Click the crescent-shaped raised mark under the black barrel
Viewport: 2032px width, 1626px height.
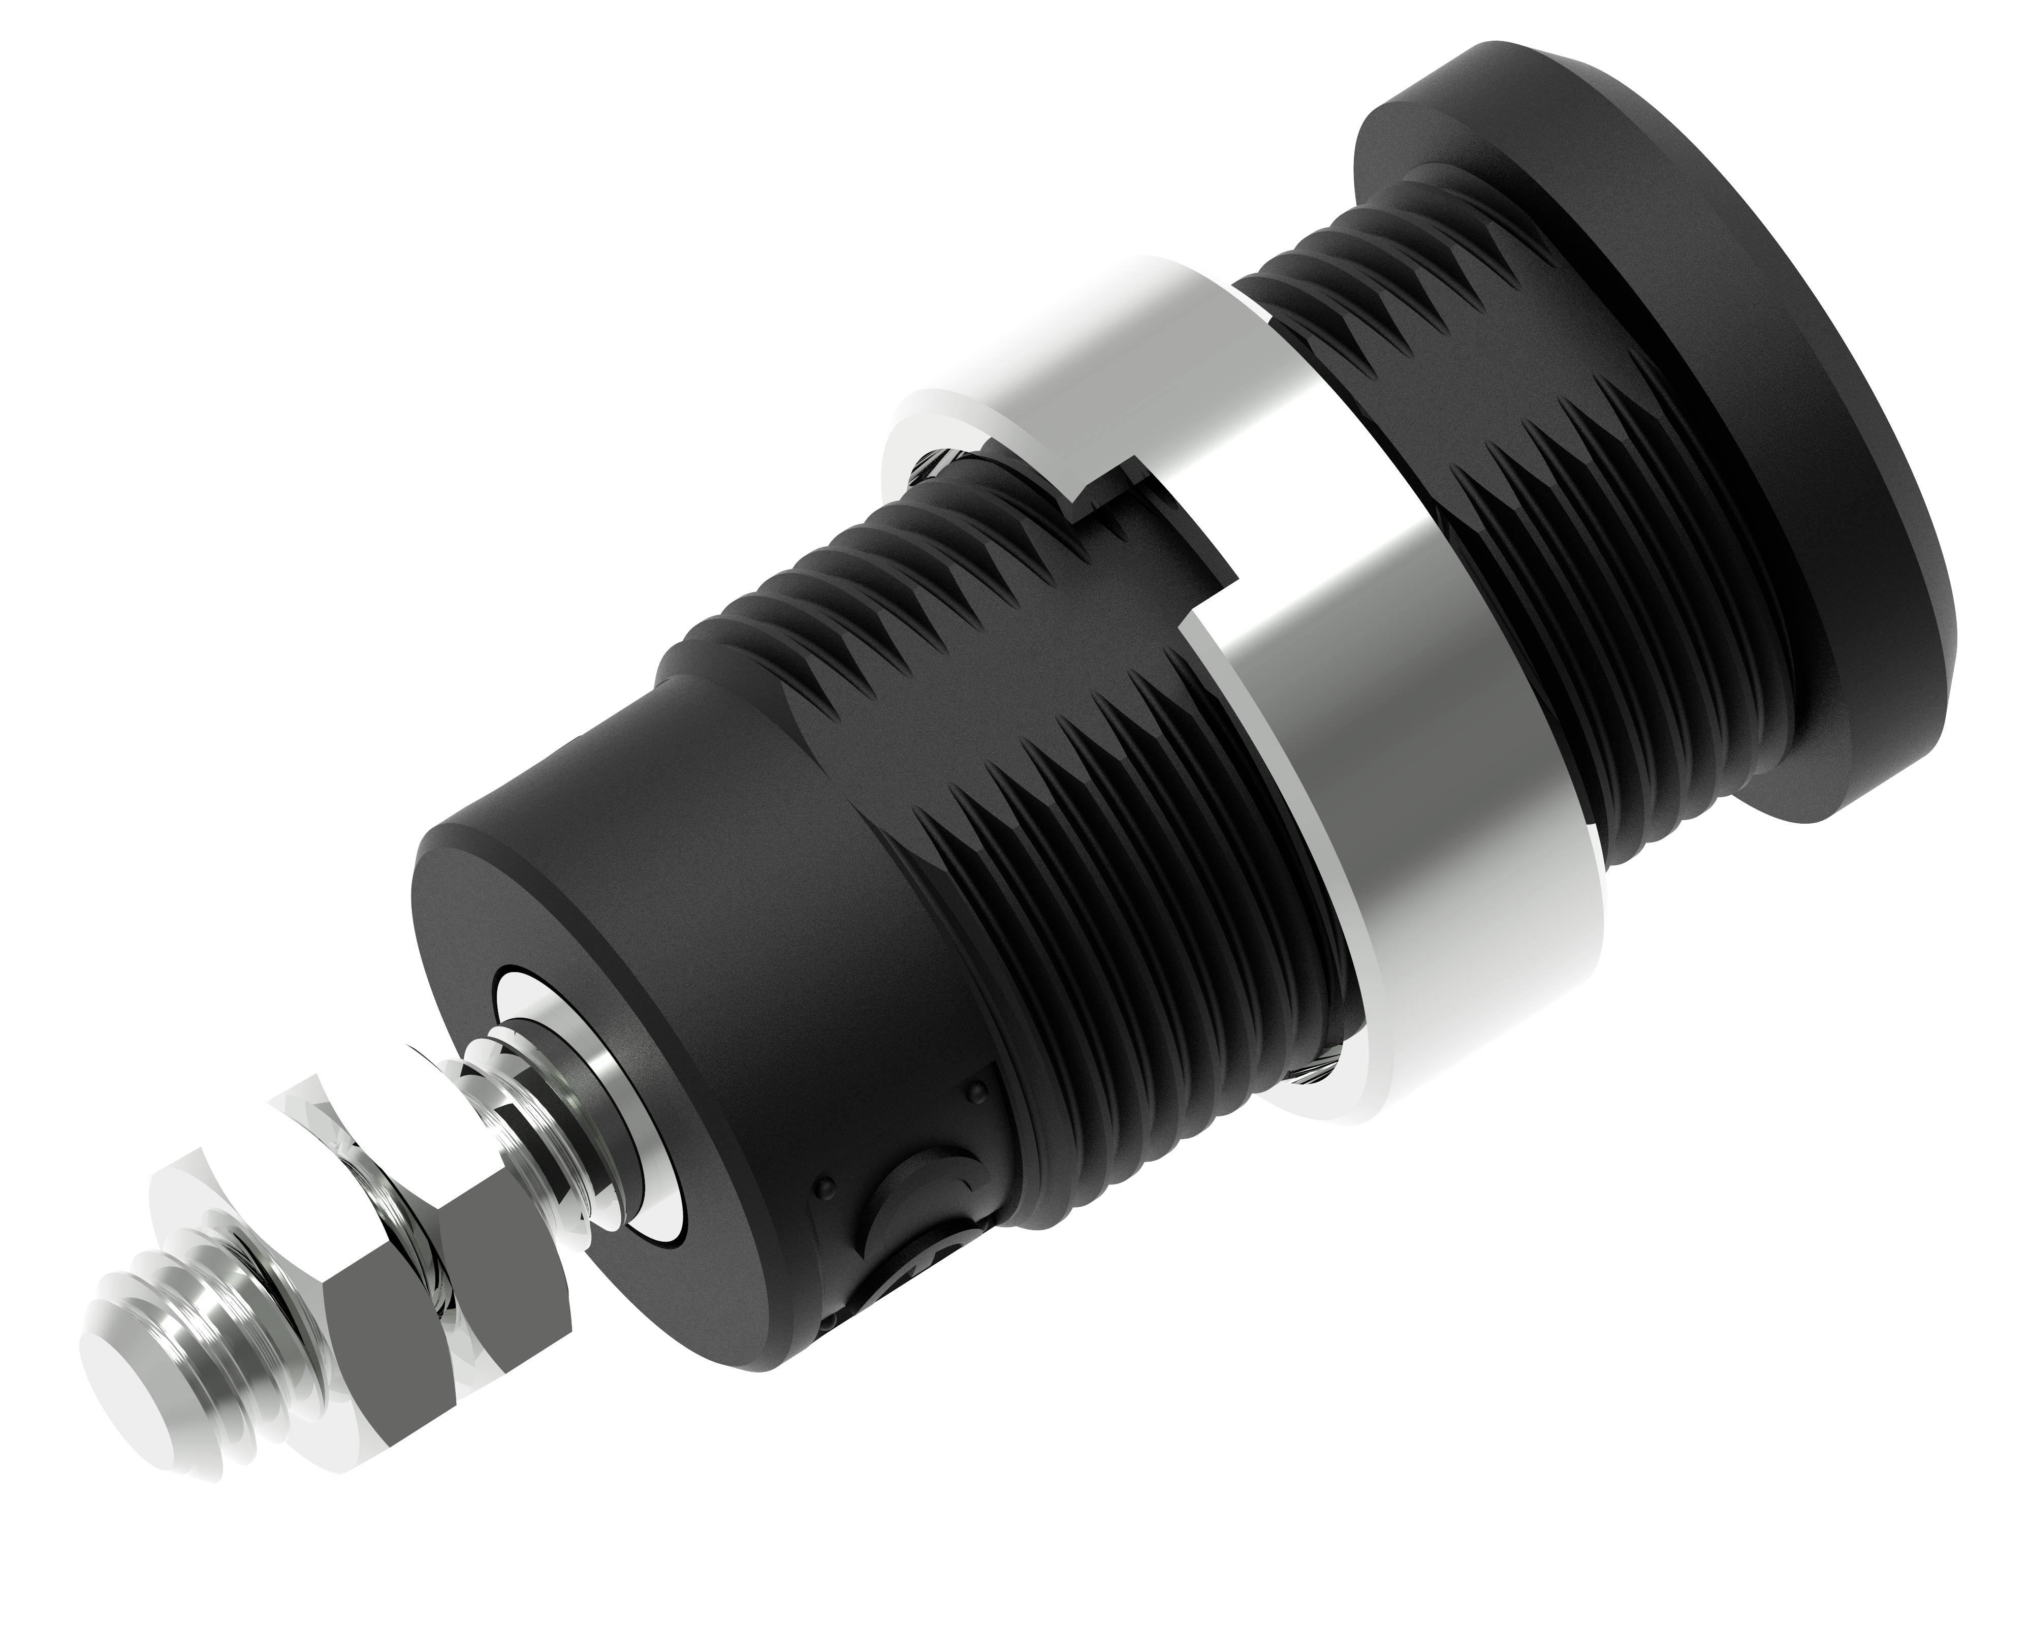(905, 1226)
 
